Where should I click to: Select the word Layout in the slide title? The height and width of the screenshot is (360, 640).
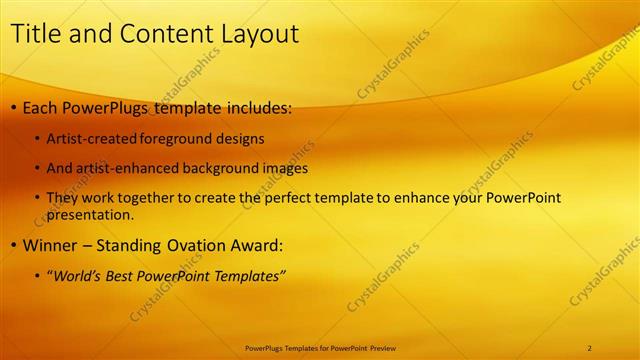255,33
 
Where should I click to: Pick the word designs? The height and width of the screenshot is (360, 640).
244,139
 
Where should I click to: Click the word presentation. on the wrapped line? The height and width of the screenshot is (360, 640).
90,214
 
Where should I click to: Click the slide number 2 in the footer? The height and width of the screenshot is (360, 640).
590,347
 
